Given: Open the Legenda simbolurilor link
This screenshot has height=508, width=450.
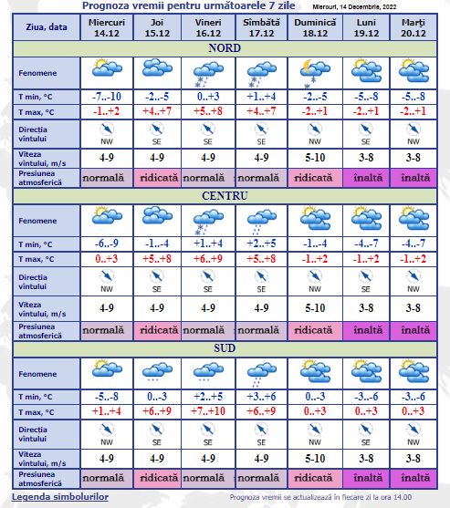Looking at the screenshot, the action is [60, 497].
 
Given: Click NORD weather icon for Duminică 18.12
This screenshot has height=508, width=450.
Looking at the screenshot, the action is [314, 70].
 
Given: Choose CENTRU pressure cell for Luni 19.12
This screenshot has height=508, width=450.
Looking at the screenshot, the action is [365, 327].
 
